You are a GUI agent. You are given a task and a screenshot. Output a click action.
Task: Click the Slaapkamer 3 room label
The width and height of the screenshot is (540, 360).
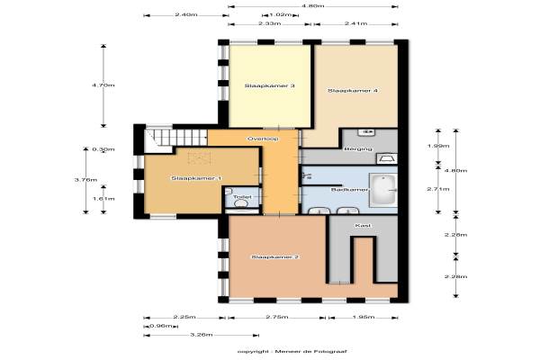pyautogui.click(x=269, y=85)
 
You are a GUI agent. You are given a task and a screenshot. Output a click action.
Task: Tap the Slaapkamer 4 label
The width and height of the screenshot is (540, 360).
pyautogui.click(x=353, y=91)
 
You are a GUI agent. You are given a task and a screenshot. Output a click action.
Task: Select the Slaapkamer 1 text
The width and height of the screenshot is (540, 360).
pyautogui.click(x=196, y=178)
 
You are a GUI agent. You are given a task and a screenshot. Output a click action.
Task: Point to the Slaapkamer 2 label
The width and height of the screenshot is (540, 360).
pyautogui.click(x=274, y=257)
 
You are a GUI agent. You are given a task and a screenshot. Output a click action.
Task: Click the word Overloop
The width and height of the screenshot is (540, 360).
pyautogui.click(x=263, y=139)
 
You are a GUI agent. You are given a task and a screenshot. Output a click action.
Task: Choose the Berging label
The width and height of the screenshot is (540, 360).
pyautogui.click(x=358, y=149)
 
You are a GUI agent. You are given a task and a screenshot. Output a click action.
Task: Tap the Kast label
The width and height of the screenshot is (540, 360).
pyautogui.click(x=363, y=226)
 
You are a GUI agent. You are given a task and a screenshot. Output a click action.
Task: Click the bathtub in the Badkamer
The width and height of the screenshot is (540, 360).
pyautogui.click(x=383, y=190)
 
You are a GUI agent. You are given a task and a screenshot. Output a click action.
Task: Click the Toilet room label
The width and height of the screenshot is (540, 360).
pyautogui.click(x=242, y=197)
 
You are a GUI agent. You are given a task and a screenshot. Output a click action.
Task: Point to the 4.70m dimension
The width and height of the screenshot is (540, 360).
pyautogui.click(x=103, y=85)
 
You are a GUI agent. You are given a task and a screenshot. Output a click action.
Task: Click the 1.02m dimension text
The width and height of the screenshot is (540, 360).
pyautogui.click(x=280, y=15)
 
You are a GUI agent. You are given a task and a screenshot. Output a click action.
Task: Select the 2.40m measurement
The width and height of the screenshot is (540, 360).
pyautogui.click(x=186, y=14)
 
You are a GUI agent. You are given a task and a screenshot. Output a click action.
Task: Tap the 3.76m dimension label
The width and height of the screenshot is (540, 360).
pyautogui.click(x=85, y=180)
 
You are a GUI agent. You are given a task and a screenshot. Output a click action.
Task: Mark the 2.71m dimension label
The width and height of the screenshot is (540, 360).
pyautogui.click(x=438, y=189)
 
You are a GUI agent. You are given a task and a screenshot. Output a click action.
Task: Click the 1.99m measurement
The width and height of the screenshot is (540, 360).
pyautogui.click(x=438, y=146)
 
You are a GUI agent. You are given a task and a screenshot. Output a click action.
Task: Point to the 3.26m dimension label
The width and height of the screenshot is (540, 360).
pyautogui.click(x=201, y=335)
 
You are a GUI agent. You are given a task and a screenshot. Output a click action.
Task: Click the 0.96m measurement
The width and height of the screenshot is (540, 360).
pyautogui.click(x=161, y=326)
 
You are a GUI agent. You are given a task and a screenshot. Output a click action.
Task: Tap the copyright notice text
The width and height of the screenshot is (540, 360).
pyautogui.click(x=292, y=351)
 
